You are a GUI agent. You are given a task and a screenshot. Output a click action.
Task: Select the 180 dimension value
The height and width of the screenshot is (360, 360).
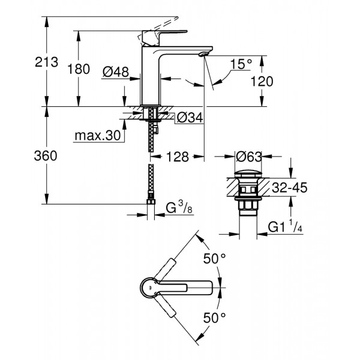(x=78, y=68)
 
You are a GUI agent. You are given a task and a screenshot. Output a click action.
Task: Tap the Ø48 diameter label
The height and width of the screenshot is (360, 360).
(x=116, y=71)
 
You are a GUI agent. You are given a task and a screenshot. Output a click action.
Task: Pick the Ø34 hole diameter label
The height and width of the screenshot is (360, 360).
(x=187, y=118)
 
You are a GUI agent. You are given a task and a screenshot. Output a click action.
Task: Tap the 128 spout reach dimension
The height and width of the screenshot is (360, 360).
(x=178, y=157)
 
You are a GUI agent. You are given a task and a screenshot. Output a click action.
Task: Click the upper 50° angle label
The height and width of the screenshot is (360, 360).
(x=215, y=259)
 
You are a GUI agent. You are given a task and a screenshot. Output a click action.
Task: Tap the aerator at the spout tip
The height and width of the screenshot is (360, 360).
(x=202, y=55)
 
